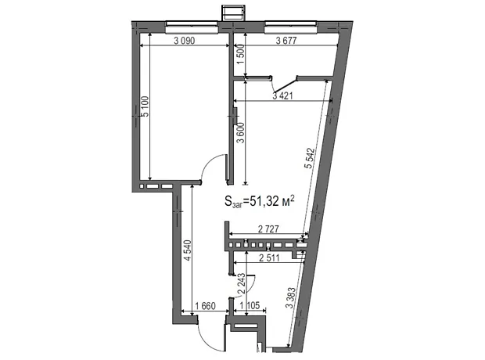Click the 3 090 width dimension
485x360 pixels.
click(x=185, y=41)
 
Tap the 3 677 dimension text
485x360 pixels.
click(x=286, y=41)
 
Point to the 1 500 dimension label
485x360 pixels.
click(x=241, y=54)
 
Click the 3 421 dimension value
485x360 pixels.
click(x=282, y=96)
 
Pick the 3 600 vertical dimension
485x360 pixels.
click(x=241, y=133)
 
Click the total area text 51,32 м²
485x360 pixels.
click(x=260, y=201)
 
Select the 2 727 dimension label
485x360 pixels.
click(x=268, y=229)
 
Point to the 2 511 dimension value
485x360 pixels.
click(x=269, y=257)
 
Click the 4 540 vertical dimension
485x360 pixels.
click(x=188, y=250)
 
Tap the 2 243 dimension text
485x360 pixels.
click(x=241, y=283)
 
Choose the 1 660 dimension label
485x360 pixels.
click(x=205, y=306)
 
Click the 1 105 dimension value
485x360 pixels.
click(x=250, y=306)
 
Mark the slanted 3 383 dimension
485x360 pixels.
click(x=291, y=297)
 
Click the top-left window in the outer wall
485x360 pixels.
click(x=192, y=27)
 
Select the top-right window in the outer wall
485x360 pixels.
click(x=291, y=27)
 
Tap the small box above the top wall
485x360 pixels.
click(x=233, y=13)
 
